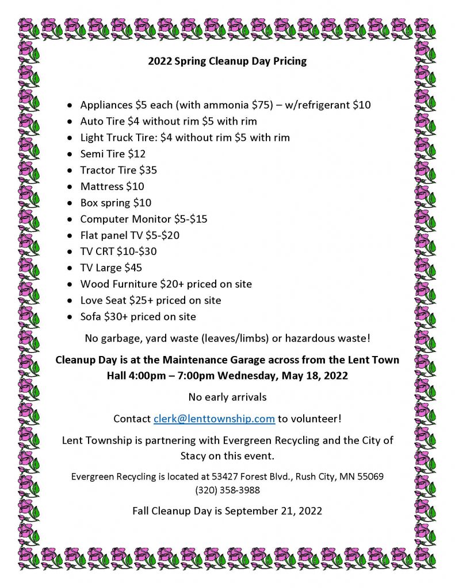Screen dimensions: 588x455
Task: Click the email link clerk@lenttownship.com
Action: (x=214, y=419)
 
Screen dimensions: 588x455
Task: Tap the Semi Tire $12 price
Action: (x=137, y=154)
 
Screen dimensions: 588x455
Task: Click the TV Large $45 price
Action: (x=133, y=268)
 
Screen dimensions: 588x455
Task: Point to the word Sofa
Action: (x=91, y=316)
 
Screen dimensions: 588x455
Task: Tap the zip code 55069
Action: (x=370, y=477)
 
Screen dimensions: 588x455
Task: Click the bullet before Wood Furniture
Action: (x=70, y=284)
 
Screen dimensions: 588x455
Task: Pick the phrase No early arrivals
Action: (x=227, y=397)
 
